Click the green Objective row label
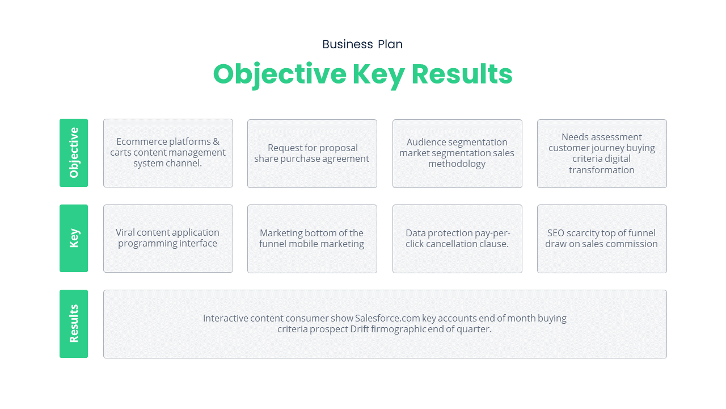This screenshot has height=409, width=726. coord(74,153)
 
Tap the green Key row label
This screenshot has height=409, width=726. coord(74,238)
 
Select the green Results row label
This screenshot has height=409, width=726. coord(74,324)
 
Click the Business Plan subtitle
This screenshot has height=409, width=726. coord(362,44)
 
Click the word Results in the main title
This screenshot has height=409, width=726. coord(462,74)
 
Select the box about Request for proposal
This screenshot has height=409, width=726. coord(312,153)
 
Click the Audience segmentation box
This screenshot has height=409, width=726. coord(457,153)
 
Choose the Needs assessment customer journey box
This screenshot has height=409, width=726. coord(602,153)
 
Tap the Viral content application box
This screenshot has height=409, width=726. coord(168,239)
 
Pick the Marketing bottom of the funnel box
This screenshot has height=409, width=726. coord(312,239)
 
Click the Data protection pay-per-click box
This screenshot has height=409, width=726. coord(457,239)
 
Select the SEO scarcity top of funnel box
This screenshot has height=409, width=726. coord(602,239)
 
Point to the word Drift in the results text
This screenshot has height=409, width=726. coord(360,329)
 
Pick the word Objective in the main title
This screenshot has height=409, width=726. coord(279,74)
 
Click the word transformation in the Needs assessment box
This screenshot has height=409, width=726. coord(602,170)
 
